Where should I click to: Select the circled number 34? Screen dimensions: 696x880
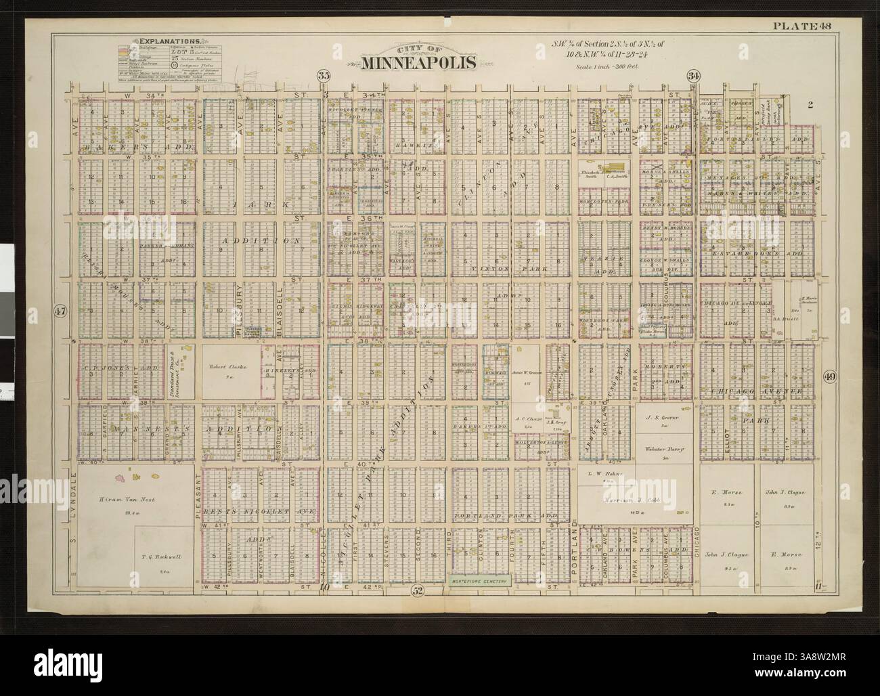coord(692,76)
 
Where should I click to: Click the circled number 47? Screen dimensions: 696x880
coord(58,311)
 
